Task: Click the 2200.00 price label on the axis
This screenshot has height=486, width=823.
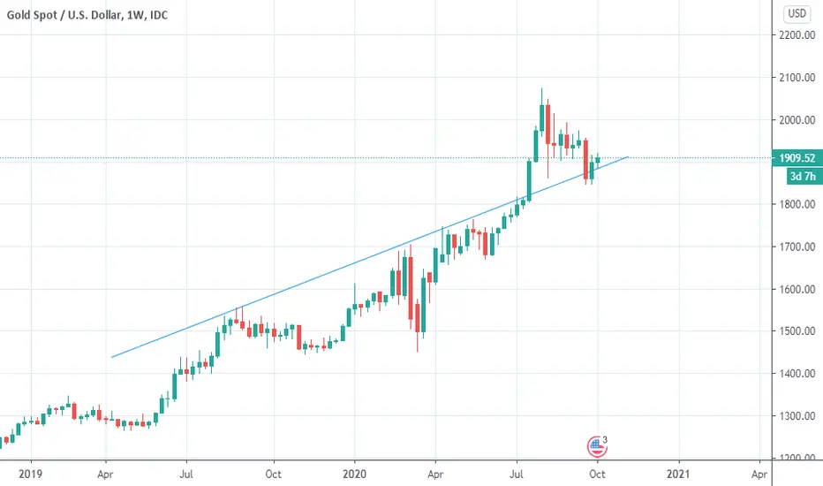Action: pos(795,35)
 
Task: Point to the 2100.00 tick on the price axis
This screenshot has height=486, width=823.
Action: pos(795,78)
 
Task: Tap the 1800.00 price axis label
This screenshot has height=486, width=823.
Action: pos(795,205)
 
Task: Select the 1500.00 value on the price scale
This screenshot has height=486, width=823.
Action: pos(795,331)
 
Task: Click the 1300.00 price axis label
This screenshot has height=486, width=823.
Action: pos(795,416)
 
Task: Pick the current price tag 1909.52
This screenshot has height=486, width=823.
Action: pos(795,159)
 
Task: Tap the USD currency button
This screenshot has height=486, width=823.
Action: pos(797,13)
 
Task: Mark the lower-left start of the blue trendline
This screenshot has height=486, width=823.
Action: pos(111,357)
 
